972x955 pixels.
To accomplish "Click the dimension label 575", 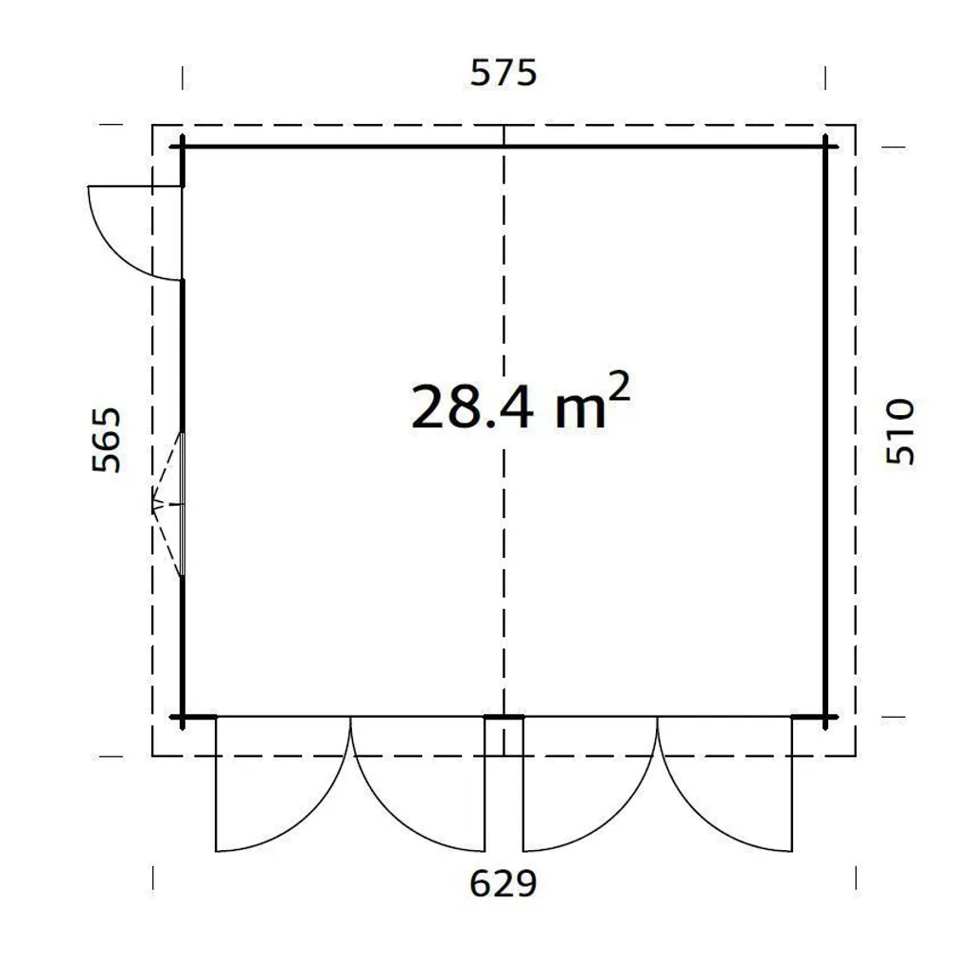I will [x=504, y=73].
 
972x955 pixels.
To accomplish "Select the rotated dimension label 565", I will [x=107, y=440].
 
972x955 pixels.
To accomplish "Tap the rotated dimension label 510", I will [x=901, y=431].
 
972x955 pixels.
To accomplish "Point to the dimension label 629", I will [x=504, y=883].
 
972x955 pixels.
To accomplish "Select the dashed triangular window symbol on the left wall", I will [x=168, y=504].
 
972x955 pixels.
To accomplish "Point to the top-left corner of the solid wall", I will [x=182, y=147].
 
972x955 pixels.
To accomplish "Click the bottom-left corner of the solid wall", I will [x=182, y=718].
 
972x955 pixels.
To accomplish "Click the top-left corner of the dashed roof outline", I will [x=153, y=125].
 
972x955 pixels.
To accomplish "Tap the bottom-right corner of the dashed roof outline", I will [x=856, y=755].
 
